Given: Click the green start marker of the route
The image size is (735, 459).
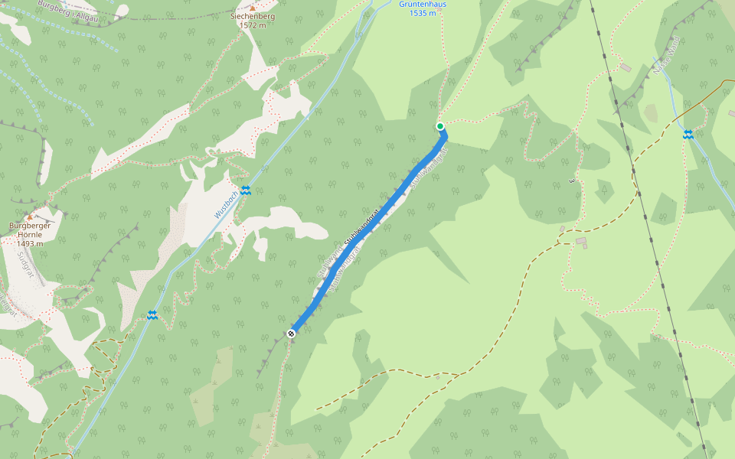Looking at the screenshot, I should (x=440, y=126).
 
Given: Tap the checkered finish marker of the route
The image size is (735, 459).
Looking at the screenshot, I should (x=292, y=333).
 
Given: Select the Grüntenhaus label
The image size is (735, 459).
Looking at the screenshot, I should (x=423, y=4).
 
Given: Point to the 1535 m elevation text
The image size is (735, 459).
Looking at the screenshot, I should (x=423, y=13).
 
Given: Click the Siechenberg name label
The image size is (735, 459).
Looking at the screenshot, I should (x=253, y=16).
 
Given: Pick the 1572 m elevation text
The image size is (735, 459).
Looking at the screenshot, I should (x=253, y=25).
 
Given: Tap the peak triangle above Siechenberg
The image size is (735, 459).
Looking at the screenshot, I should (x=253, y=8).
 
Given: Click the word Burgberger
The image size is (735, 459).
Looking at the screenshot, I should (x=30, y=226).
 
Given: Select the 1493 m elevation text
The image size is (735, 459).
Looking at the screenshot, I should (x=30, y=243).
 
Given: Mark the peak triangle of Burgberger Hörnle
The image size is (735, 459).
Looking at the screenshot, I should (x=30, y=217).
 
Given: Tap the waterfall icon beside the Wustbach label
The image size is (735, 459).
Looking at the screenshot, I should (x=245, y=190).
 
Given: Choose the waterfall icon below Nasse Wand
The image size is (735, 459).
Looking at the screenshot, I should (x=688, y=135).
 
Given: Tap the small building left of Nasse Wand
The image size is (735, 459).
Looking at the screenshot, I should (x=626, y=67).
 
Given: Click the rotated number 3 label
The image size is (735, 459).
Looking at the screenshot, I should (x=572, y=181).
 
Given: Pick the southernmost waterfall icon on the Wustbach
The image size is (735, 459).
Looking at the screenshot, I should (x=152, y=315).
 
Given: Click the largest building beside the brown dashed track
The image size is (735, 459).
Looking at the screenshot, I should (x=581, y=241).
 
